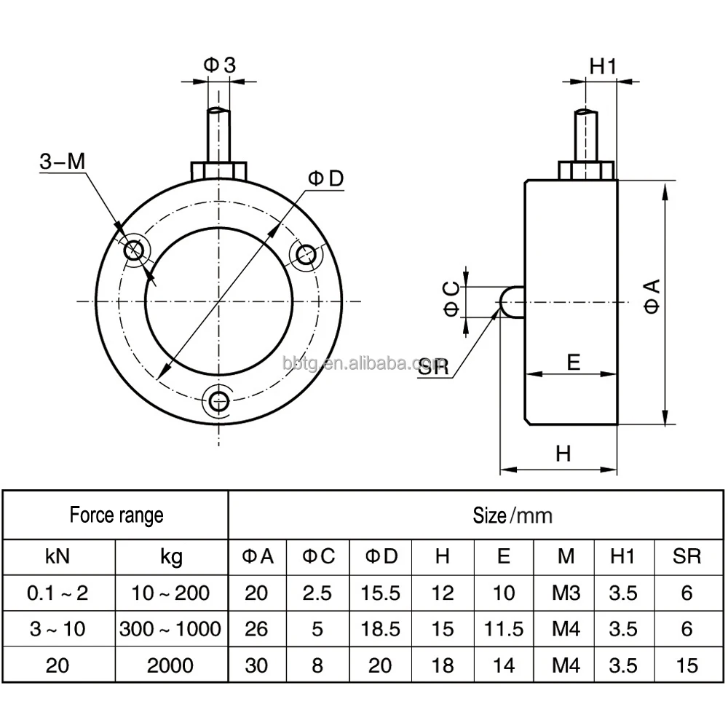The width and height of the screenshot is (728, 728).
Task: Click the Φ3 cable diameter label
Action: click(220, 65)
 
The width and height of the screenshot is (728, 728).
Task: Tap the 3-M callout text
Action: click(63, 161)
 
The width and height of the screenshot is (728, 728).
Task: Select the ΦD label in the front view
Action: click(326, 178)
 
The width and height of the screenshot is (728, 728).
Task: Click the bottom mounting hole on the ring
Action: click(218, 400)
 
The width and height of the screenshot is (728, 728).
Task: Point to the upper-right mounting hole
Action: click(306, 253)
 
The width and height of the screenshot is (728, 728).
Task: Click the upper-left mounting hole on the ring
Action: click(134, 250)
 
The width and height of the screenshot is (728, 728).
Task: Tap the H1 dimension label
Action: click(603, 66)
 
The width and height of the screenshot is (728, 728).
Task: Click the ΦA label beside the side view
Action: click(652, 296)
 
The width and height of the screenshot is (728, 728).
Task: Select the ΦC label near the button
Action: click(451, 299)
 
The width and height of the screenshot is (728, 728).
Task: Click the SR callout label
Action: click(433, 367)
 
